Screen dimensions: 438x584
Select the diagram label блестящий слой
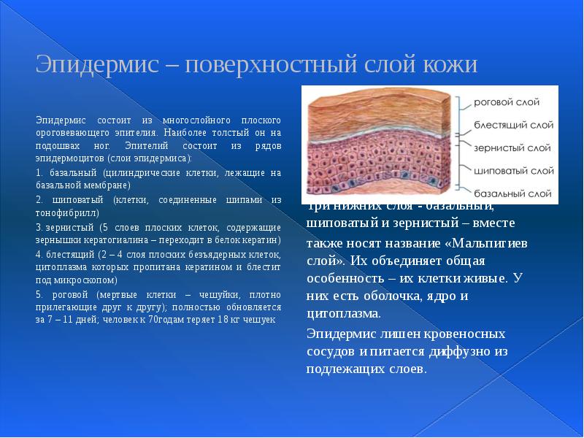507,125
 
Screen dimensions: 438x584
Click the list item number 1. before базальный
39,173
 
